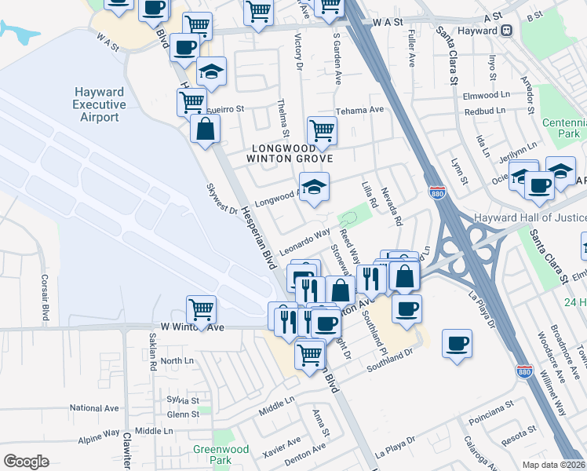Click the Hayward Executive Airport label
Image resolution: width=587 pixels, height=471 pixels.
[99, 105]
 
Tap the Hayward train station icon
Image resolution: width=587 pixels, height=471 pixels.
[507, 31]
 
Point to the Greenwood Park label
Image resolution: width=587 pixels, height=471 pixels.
[221, 455]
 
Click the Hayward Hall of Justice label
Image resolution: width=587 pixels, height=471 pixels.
[530, 217]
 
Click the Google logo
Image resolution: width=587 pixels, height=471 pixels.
[25, 462]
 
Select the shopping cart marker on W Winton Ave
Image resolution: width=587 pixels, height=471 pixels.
[202, 309]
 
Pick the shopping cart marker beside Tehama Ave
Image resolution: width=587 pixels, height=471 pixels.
[322, 129]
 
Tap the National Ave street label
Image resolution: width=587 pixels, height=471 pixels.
[94, 408]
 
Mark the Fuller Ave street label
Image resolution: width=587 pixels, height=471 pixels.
[412, 49]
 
